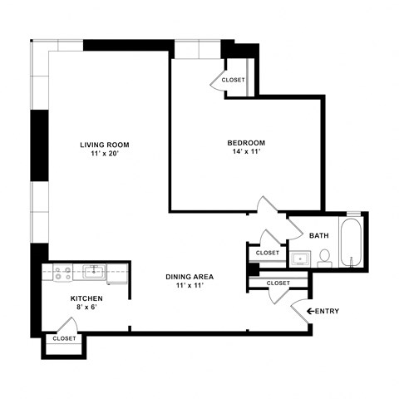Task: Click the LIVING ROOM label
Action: coord(104,144)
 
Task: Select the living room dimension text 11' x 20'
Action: coord(104,154)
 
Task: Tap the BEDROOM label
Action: coord(246,143)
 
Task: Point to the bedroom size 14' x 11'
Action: coord(246,153)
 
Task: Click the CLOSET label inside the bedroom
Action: coord(234,80)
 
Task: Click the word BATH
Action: coord(319,235)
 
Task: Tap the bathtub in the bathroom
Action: coord(352,245)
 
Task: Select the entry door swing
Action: coord(297,314)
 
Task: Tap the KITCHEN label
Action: coord(86,298)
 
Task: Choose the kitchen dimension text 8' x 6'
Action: coord(86,308)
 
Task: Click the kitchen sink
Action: coord(94,271)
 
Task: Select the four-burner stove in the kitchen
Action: coord(62,271)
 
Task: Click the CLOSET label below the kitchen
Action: coord(64,338)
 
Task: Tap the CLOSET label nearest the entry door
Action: coord(278,283)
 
